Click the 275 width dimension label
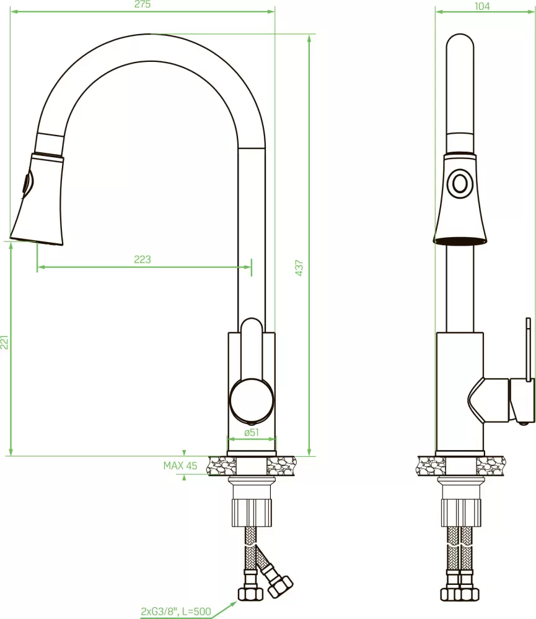143,4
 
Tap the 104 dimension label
482,6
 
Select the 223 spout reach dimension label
143,259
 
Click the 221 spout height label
4,342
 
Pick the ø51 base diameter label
252,432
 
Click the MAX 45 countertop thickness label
180,466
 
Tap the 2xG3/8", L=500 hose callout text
176,612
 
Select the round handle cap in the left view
252,399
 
